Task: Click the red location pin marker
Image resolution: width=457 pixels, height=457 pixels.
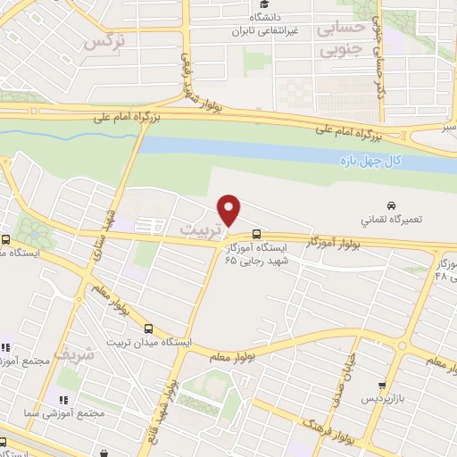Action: coord(229,210)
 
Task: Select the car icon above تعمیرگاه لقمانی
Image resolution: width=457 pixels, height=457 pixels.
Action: coord(391,204)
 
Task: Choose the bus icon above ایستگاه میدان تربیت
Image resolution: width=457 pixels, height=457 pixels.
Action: coord(149,328)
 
